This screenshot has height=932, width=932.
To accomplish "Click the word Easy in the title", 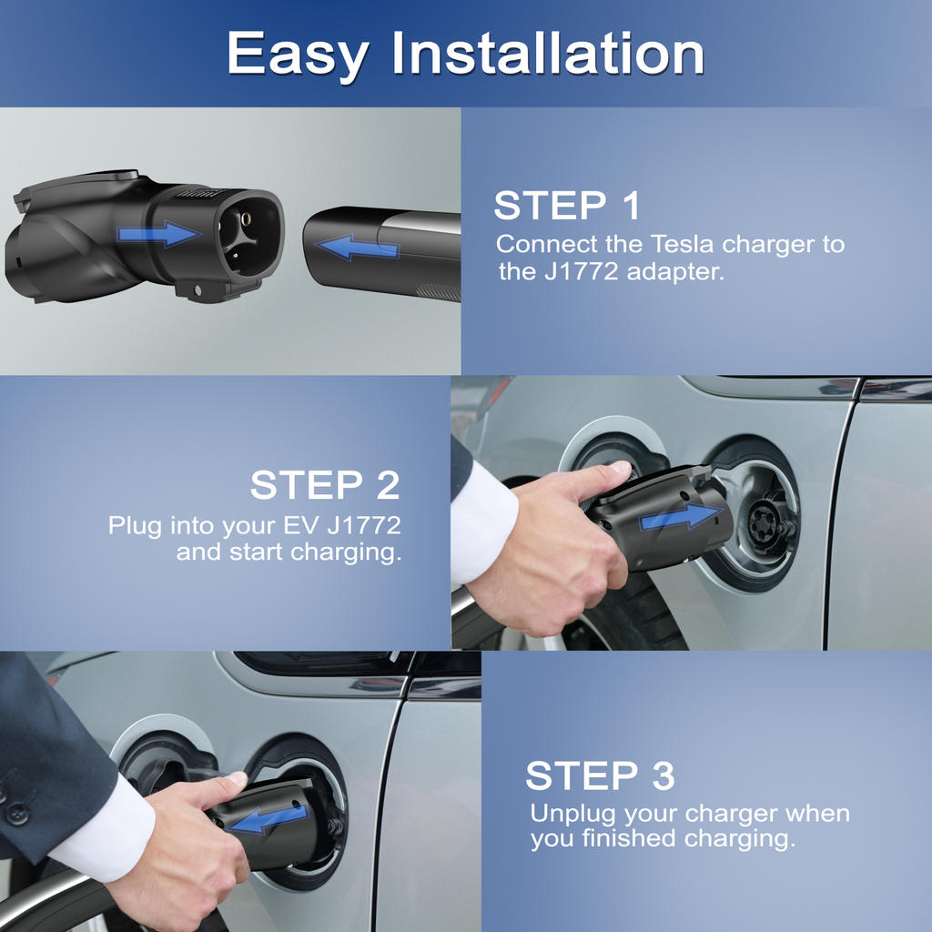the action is click(x=298, y=55).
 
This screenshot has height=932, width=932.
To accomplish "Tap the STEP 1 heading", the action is click(x=567, y=206).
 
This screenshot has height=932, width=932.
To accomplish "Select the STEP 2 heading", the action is click(x=325, y=484).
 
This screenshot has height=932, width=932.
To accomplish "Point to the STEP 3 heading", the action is click(x=601, y=775).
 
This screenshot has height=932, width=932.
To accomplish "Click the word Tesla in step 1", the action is click(x=681, y=244).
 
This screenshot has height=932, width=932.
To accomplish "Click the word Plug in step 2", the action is click(x=135, y=527).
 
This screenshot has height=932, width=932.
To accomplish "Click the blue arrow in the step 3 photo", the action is click(x=268, y=819).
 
